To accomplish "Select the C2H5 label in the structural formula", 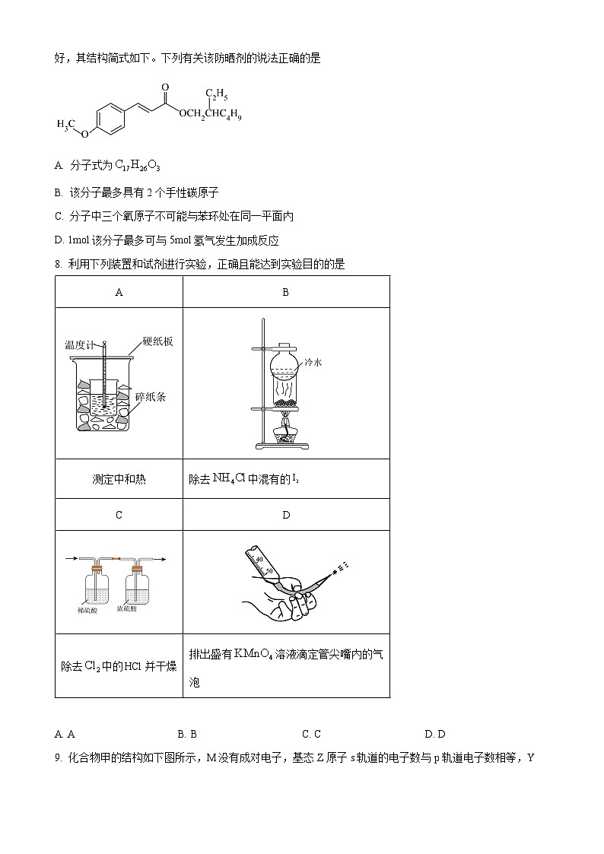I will click(217, 95).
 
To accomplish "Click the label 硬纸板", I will click(157, 342).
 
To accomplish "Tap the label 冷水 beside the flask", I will click(313, 363).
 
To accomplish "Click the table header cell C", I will click(119, 515).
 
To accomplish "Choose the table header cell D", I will click(286, 515).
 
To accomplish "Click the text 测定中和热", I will click(119, 479).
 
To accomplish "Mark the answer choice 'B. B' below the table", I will click(187, 734).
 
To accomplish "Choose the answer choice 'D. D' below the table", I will click(434, 734).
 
